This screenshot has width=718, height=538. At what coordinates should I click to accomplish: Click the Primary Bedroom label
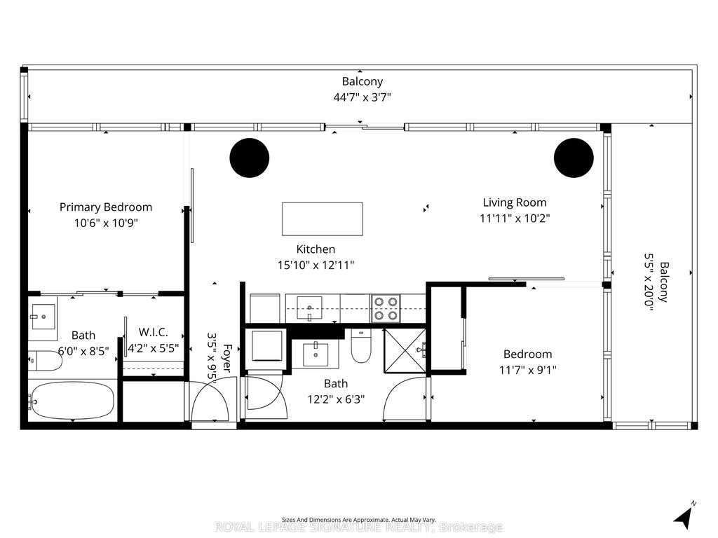[105, 207]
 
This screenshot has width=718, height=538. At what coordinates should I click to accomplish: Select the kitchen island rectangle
[323, 219]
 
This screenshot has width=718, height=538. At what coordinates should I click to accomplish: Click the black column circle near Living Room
[574, 158]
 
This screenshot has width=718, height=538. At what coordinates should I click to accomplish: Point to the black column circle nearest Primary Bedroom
[250, 158]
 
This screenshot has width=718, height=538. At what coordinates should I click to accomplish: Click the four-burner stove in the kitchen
[385, 308]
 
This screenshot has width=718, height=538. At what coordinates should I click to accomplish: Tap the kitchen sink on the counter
[309, 306]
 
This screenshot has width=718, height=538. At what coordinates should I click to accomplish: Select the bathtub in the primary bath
[72, 401]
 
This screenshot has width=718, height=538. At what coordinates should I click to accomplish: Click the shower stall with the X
[405, 348]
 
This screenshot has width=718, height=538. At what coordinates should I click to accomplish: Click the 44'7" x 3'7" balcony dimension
[362, 97]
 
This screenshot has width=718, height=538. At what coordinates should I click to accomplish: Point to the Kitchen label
[316, 249]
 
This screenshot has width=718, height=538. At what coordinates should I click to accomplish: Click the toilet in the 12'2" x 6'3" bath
[361, 347]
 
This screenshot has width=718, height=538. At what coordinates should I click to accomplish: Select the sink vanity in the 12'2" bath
[318, 354]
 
